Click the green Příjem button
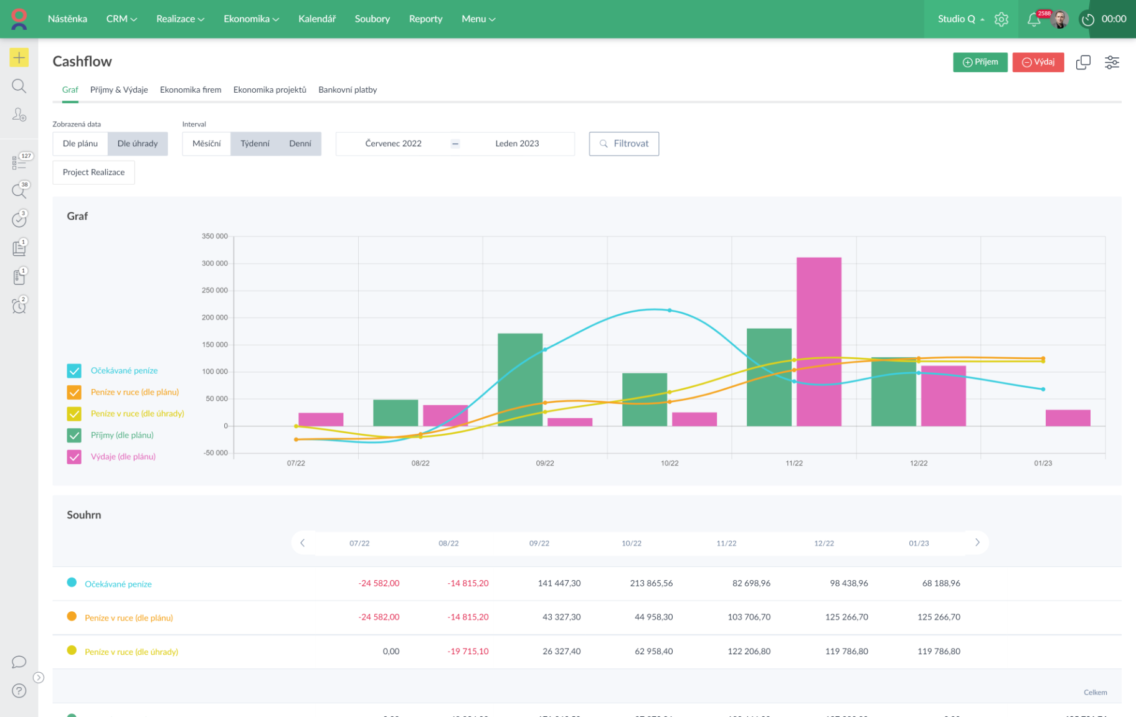pyautogui.click(x=980, y=62)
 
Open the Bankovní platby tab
pyautogui.click(x=348, y=90)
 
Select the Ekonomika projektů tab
pyautogui.click(x=270, y=90)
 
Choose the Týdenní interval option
pyautogui.click(x=255, y=144)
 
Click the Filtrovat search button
pyautogui.click(x=623, y=144)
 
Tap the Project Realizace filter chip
pyautogui.click(x=93, y=172)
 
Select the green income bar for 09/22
pyautogui.click(x=520, y=380)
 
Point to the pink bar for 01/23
pyautogui.click(x=1067, y=418)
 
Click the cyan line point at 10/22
pyautogui.click(x=670, y=310)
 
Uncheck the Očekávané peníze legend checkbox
pyautogui.click(x=74, y=371)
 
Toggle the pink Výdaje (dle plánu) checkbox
pyautogui.click(x=74, y=457)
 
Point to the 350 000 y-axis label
pyautogui.click(x=214, y=237)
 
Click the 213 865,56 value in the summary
pyautogui.click(x=651, y=583)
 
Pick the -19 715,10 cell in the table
pyautogui.click(x=468, y=651)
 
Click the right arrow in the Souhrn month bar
pyautogui.click(x=977, y=543)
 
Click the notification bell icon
pyautogui.click(x=1033, y=19)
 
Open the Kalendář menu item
pyautogui.click(x=316, y=19)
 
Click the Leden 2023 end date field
pyautogui.click(x=517, y=144)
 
